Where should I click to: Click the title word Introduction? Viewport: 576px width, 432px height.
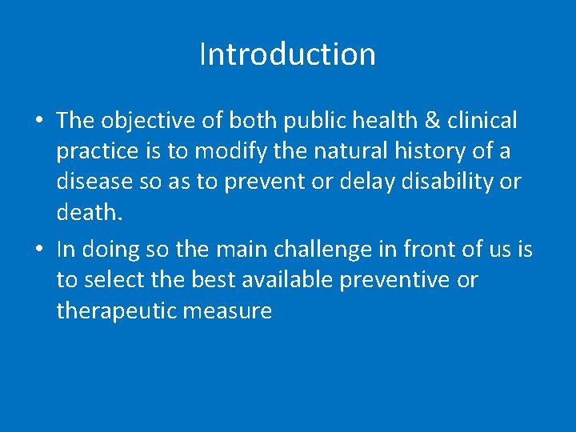287,54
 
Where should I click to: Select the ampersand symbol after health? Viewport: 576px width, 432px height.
432,121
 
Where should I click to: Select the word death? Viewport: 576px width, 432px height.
88,212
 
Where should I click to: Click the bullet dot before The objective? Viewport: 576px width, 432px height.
38,122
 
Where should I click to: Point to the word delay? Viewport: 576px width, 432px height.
366,182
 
